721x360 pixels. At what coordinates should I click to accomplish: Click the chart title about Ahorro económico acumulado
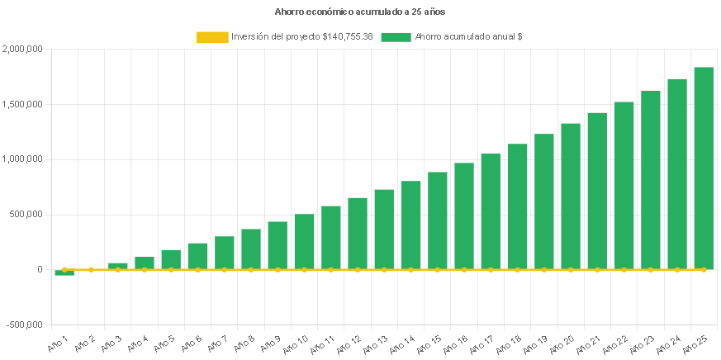point(360,12)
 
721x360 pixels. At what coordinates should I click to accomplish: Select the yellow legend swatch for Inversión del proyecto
point(212,37)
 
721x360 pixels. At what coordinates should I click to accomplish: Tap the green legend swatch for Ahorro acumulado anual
point(396,37)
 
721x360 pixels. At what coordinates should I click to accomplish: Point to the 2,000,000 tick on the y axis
point(22,50)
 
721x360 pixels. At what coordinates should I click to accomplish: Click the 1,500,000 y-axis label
point(22,105)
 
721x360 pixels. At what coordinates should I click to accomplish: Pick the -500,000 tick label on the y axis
point(24,324)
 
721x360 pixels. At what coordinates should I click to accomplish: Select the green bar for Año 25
point(704,168)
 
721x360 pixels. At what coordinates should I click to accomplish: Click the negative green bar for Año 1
point(64,272)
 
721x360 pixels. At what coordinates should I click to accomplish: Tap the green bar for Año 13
point(384,230)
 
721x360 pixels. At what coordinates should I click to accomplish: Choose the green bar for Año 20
point(571,197)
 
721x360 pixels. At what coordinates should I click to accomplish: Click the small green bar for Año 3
point(118,266)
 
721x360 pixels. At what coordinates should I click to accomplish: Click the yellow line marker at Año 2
point(91,269)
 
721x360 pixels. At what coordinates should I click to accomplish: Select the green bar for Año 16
point(464,216)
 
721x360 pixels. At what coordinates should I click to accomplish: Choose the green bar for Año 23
point(651,180)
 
